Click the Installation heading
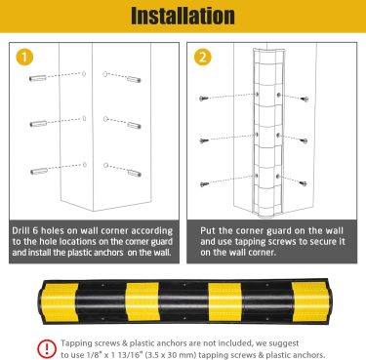coord(183,16)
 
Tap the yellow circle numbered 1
coord(24,58)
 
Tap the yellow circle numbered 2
coord(203,58)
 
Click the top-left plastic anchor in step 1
coord(38,78)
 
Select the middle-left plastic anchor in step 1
coord(38,124)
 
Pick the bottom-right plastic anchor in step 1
coord(135,173)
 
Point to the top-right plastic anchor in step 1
coord(134,79)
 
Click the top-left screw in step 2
coord(204,98)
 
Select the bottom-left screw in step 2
coord(204,184)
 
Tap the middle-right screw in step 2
coord(304,141)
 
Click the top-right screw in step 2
coord(305,99)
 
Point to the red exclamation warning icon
coord(47,349)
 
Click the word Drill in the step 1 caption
coord(21,230)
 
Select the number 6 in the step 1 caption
coord(35,231)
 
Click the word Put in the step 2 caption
coord(208,230)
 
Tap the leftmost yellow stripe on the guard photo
coord(60,302)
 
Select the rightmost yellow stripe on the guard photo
coord(310,301)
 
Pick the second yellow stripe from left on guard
coord(142,301)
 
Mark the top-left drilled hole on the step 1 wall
coord(84,74)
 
